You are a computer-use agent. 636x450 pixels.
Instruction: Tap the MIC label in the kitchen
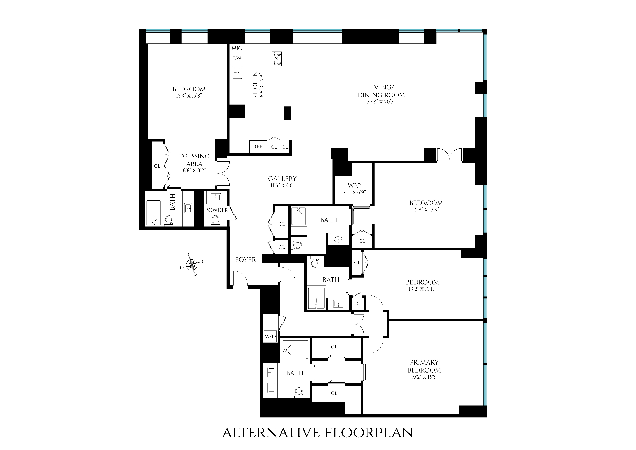click(x=237, y=48)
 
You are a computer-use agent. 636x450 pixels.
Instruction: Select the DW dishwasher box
click(x=237, y=58)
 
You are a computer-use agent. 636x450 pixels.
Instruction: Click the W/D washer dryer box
click(x=270, y=336)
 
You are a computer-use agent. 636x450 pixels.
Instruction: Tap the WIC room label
click(x=354, y=186)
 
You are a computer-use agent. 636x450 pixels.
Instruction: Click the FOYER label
click(x=245, y=260)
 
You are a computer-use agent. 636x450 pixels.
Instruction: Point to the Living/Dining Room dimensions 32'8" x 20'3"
click(x=381, y=102)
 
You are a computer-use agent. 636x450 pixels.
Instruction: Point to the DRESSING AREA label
click(x=194, y=160)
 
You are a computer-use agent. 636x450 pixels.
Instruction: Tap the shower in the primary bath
click(x=294, y=350)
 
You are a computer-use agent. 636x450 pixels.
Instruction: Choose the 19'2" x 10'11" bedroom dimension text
click(x=422, y=289)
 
